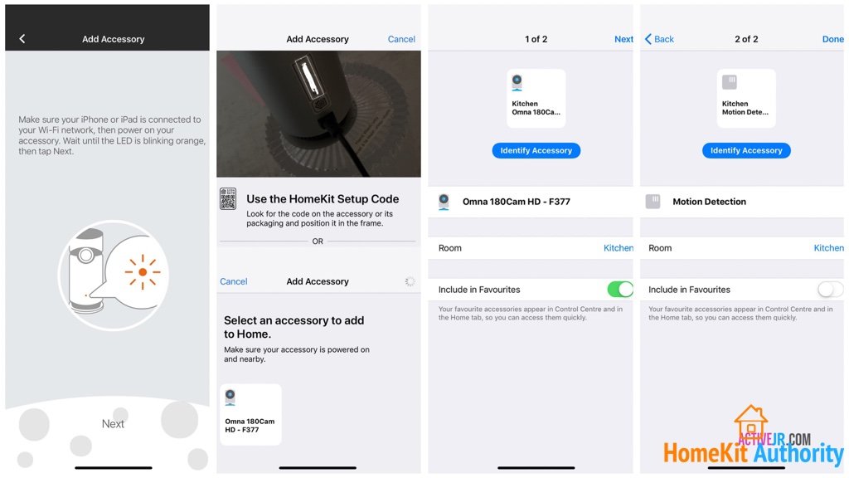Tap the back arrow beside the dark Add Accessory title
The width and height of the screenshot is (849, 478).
(22, 39)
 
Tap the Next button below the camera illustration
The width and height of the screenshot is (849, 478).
(113, 424)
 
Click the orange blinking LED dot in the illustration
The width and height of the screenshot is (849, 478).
(143, 272)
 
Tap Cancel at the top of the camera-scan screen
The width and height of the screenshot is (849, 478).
(401, 39)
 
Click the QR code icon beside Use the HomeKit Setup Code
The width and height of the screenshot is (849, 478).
(228, 199)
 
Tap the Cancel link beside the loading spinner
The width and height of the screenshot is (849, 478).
(234, 281)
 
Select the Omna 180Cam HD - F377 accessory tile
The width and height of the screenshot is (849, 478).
(250, 414)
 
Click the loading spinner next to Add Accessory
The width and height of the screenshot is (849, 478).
(410, 281)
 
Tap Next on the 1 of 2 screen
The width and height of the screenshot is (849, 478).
(623, 39)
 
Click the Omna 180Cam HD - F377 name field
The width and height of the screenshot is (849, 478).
(516, 202)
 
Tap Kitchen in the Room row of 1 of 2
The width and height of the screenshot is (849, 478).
(619, 248)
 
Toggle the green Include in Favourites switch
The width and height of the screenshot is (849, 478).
(619, 290)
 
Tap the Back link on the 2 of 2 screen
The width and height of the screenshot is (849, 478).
(660, 39)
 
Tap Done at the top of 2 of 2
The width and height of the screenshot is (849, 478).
(832, 39)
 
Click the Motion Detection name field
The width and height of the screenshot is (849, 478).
(709, 202)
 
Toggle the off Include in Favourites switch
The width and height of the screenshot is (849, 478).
(830, 290)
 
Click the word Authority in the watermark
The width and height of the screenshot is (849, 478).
(798, 454)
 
